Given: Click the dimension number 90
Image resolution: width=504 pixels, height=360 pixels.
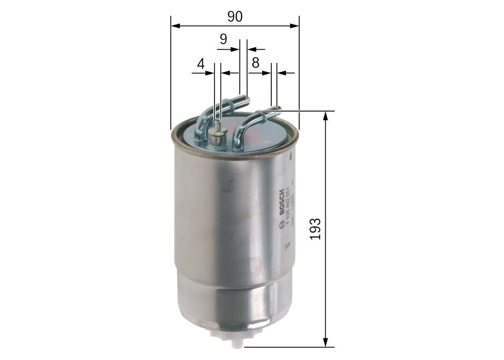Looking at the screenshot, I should [x=235, y=17].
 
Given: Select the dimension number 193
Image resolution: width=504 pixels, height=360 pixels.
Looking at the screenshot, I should [x=315, y=228].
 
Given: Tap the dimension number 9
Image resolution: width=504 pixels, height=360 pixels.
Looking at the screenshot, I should [x=223, y=39].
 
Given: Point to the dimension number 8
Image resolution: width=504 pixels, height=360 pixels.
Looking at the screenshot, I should [x=256, y=63].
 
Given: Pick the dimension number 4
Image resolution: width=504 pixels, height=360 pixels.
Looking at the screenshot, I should [x=201, y=64].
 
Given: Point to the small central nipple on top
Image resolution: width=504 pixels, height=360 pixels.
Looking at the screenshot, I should [x=217, y=125].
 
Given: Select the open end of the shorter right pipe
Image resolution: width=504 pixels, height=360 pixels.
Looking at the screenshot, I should [x=277, y=110].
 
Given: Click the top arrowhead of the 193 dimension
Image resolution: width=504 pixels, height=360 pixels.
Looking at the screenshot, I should [x=325, y=115].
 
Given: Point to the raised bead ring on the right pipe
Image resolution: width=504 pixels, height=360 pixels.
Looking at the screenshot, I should [x=259, y=116].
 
